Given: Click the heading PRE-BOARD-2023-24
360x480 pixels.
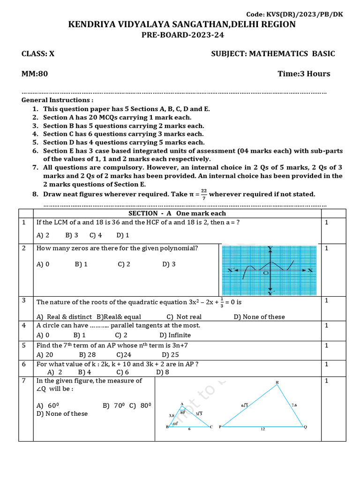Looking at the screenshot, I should [x=181, y=35].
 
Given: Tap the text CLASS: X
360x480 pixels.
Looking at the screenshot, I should [x=38, y=53].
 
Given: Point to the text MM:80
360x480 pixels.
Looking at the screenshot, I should [x=35, y=74].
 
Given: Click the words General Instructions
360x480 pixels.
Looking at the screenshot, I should [x=57, y=100].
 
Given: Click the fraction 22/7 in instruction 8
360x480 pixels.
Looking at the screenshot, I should [x=204, y=194].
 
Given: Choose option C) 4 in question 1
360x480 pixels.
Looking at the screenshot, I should [x=96, y=235].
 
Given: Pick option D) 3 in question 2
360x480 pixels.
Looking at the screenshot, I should [x=169, y=264].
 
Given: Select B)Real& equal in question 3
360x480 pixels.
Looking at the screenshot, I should [x=119, y=317].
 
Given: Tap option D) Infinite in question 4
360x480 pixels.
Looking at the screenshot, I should [x=175, y=335].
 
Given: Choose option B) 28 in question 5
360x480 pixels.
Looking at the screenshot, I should [x=87, y=355].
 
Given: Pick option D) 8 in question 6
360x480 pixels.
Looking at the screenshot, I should [x=163, y=372].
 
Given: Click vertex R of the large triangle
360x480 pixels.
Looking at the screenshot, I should [x=277, y=383].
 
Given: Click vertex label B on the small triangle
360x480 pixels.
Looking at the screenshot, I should [x=167, y=427].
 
